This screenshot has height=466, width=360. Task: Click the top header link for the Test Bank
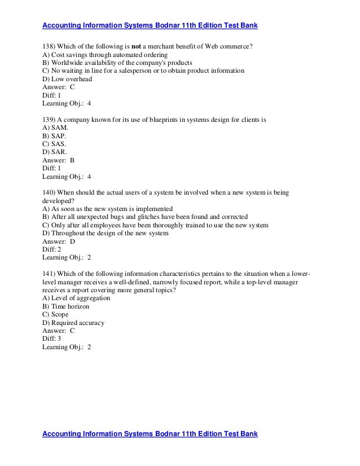pyautogui.click(x=150, y=25)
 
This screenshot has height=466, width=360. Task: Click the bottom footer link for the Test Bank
pyautogui.click(x=150, y=434)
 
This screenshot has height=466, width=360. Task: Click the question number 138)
pyautogui.click(x=51, y=47)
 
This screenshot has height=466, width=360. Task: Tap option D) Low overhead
pyautogui.click(x=67, y=80)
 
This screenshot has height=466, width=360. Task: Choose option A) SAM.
pyautogui.click(x=55, y=128)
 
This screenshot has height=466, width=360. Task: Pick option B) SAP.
pyautogui.click(x=54, y=136)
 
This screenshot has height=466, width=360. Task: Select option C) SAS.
pyautogui.click(x=54, y=144)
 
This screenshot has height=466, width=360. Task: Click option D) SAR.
pyautogui.click(x=55, y=152)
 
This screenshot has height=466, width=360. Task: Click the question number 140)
pyautogui.click(x=51, y=193)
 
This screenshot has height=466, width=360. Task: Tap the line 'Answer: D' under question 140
pyautogui.click(x=59, y=241)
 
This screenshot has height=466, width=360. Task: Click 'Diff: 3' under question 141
pyautogui.click(x=52, y=339)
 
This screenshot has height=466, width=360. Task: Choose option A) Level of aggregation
pyautogui.click(x=76, y=298)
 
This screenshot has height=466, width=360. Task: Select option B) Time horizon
pyautogui.click(x=65, y=306)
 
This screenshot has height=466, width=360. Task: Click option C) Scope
pyautogui.click(x=55, y=315)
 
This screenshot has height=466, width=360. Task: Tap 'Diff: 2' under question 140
pyautogui.click(x=52, y=249)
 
